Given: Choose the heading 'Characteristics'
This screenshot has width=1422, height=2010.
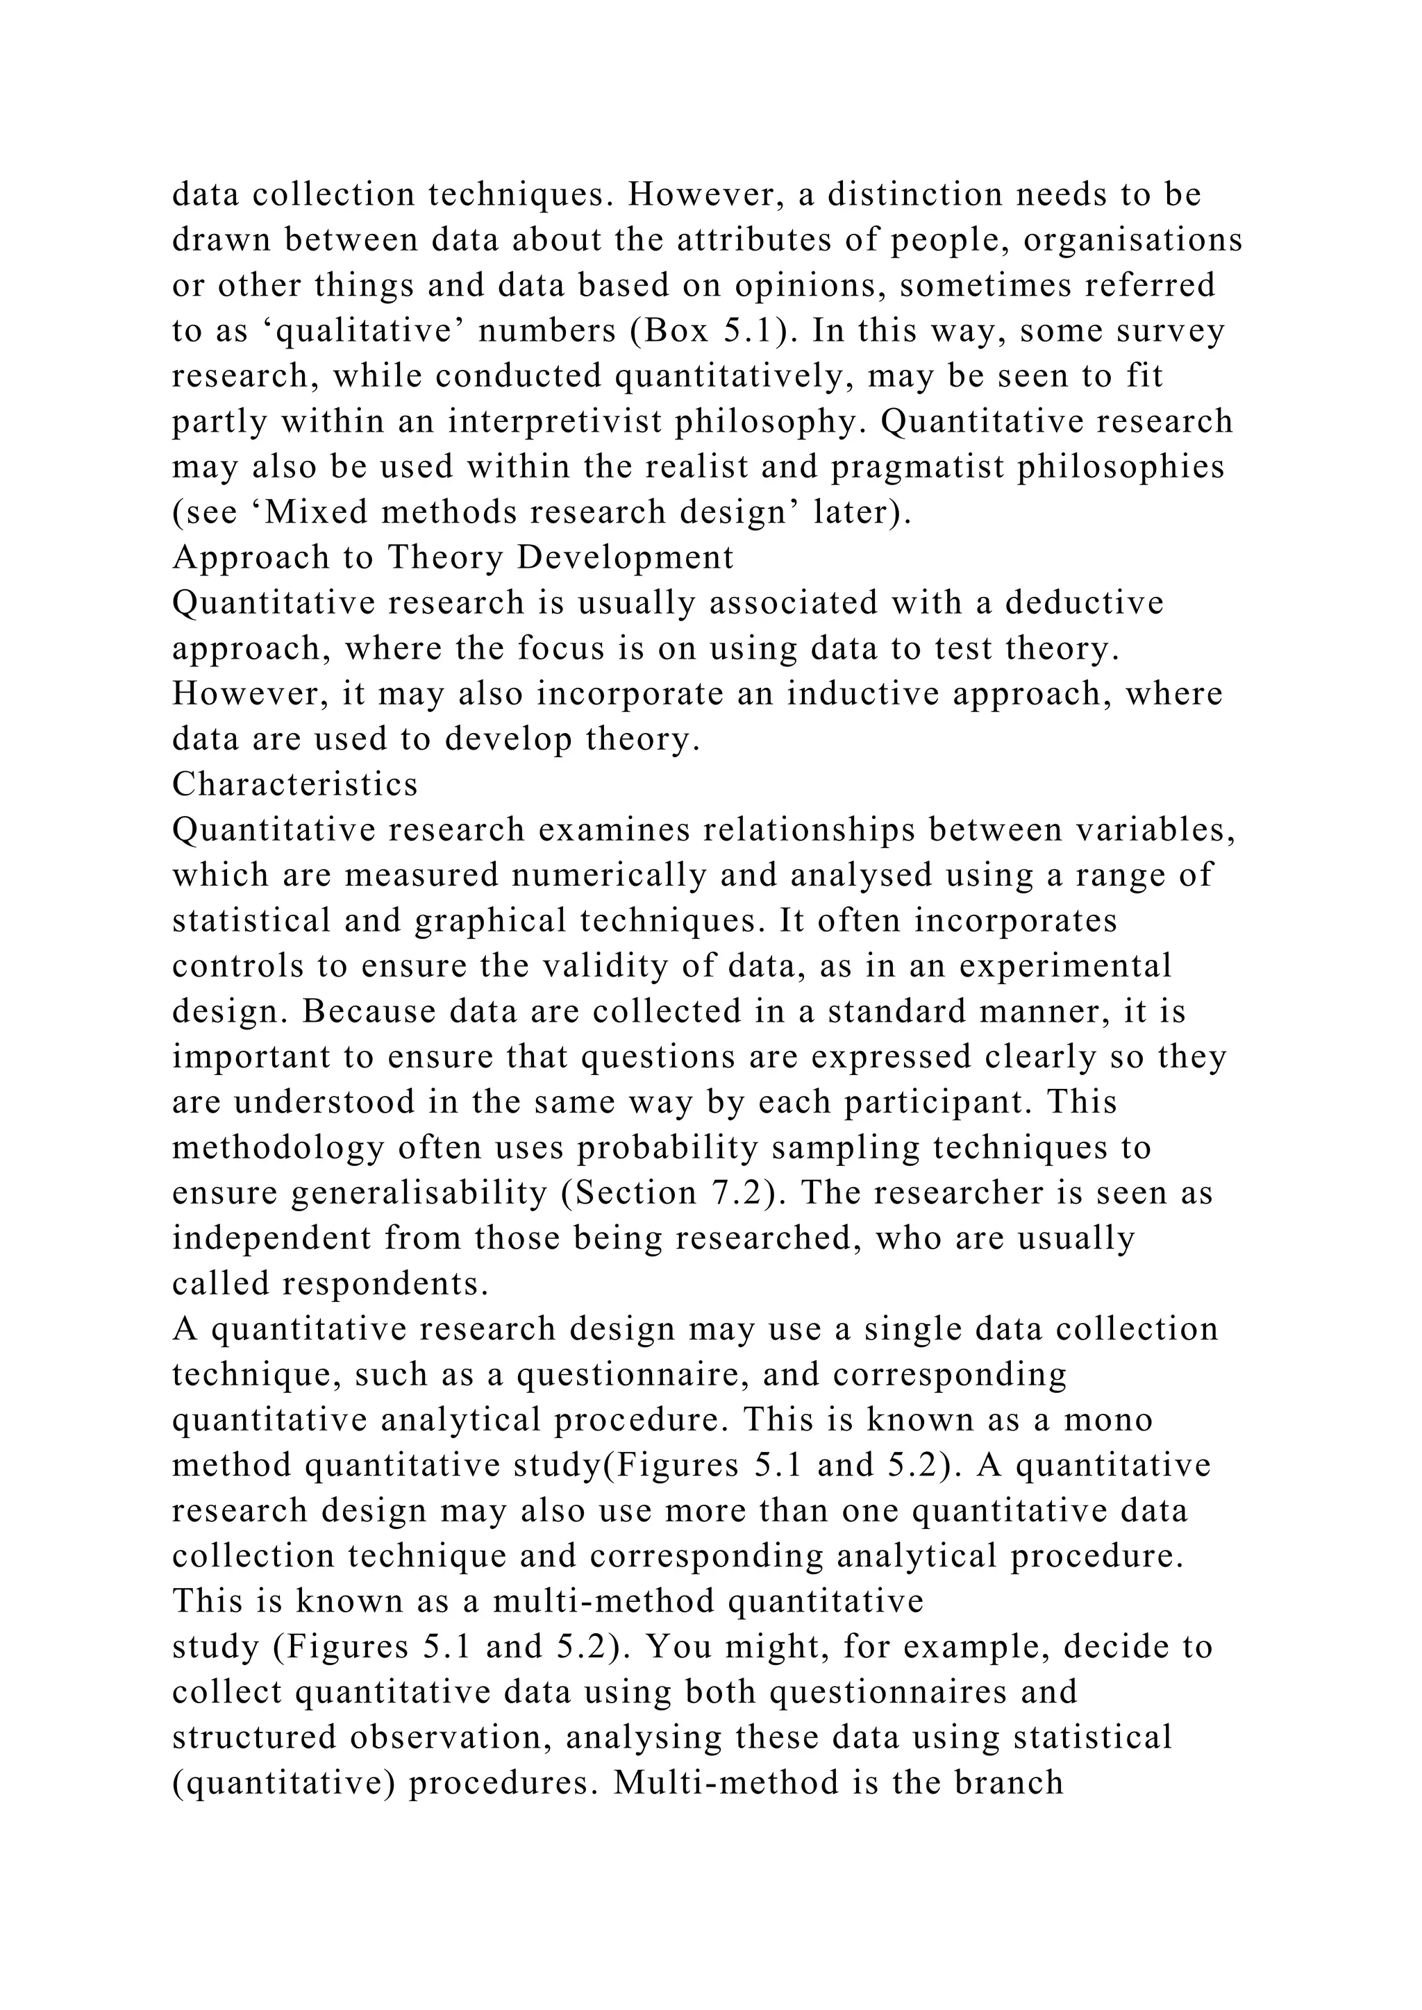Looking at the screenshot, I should pos(295,784).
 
